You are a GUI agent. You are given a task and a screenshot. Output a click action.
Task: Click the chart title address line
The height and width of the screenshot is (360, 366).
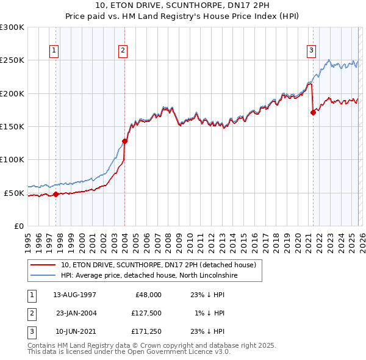[x=183, y=5]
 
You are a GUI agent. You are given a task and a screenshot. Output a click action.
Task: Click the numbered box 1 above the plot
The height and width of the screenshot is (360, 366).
[x=55, y=51]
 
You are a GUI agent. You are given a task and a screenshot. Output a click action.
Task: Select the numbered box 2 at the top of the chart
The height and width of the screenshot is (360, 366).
[x=123, y=51]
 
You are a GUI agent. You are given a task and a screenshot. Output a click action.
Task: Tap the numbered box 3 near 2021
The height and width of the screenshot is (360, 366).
[x=311, y=51]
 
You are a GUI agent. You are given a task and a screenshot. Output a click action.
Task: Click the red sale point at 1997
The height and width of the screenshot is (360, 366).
[x=56, y=194]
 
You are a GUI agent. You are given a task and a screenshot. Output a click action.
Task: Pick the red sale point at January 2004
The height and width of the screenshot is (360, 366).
[x=124, y=141]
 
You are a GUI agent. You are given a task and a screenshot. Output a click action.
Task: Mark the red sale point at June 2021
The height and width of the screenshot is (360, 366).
[x=314, y=112]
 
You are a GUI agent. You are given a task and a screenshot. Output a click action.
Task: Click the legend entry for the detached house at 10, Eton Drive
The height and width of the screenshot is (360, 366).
[x=161, y=265]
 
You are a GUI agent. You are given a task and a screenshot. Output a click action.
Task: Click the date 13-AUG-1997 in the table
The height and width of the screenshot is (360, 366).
[x=74, y=294]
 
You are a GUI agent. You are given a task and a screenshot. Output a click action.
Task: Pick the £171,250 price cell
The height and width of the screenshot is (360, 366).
[x=145, y=332]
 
